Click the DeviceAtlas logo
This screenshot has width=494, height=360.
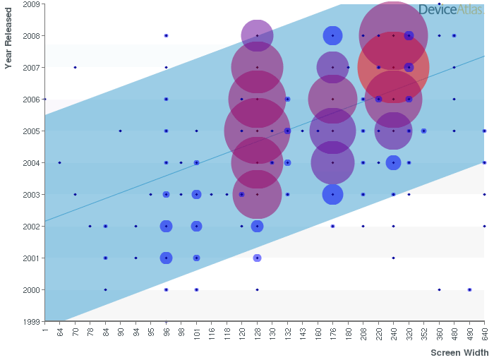pos(451,9)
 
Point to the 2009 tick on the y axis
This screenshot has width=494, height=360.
pos(30,4)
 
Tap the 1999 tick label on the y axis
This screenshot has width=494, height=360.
pos(30,321)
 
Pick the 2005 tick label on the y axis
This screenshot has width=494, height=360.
pos(30,131)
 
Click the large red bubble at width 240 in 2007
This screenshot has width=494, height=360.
pos(393,67)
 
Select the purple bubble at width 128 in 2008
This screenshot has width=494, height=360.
pos(257,35)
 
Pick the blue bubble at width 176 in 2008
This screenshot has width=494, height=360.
pos(332,35)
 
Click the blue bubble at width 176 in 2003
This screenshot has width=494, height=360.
pos(332,194)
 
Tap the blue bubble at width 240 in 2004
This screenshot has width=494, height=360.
pos(393,162)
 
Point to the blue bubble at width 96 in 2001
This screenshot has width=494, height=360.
pos(166,258)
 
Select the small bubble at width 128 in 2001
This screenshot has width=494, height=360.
pos(257,258)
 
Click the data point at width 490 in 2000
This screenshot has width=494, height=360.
pos(469,289)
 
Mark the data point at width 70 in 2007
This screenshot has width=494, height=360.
pos(75,67)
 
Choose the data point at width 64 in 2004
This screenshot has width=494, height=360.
pos(59,162)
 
